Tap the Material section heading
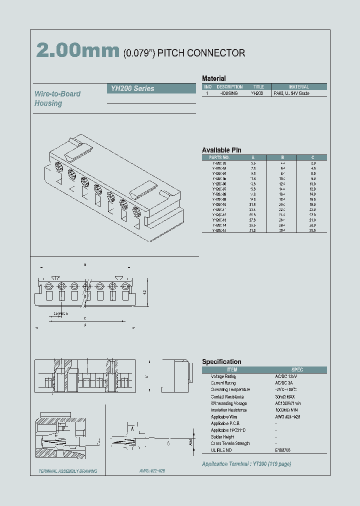tap(213, 78)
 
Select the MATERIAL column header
tap(299, 86)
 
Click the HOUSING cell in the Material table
tap(229, 93)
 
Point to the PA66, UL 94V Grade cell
tap(291, 93)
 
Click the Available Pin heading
tap(221, 150)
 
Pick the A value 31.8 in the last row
tap(253, 230)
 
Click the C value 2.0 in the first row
tap(313, 163)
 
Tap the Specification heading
tap(221, 361)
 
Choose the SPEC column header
tap(297, 369)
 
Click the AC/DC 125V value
tap(285, 376)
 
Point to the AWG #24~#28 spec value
tap(287, 416)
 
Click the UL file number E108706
tap(282, 450)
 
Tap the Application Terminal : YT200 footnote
tap(246, 464)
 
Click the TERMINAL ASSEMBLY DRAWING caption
tap(68, 471)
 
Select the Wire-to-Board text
tap(57, 94)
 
